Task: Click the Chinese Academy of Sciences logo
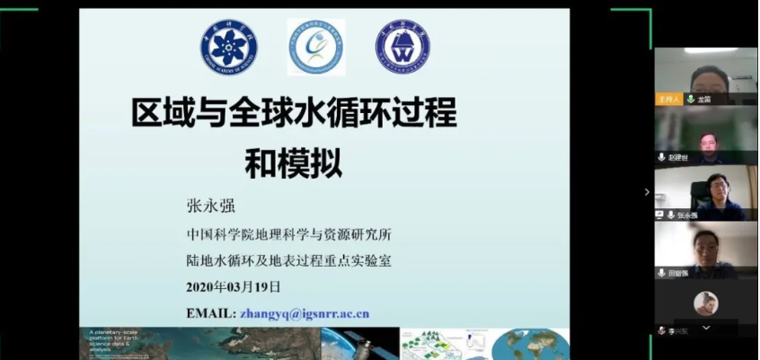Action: point(229,47)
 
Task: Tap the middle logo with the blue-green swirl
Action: point(316,47)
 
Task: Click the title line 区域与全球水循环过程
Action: point(294,115)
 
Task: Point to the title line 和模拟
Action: point(294,164)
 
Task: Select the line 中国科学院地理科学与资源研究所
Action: point(288,235)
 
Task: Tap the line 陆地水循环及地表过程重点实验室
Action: point(288,261)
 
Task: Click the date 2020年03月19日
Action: point(233,287)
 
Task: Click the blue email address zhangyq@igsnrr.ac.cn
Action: point(305,314)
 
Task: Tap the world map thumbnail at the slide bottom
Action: point(529,344)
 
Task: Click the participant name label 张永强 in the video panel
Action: point(687,215)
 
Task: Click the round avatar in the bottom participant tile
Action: point(705,303)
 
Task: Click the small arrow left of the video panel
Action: point(646,191)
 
